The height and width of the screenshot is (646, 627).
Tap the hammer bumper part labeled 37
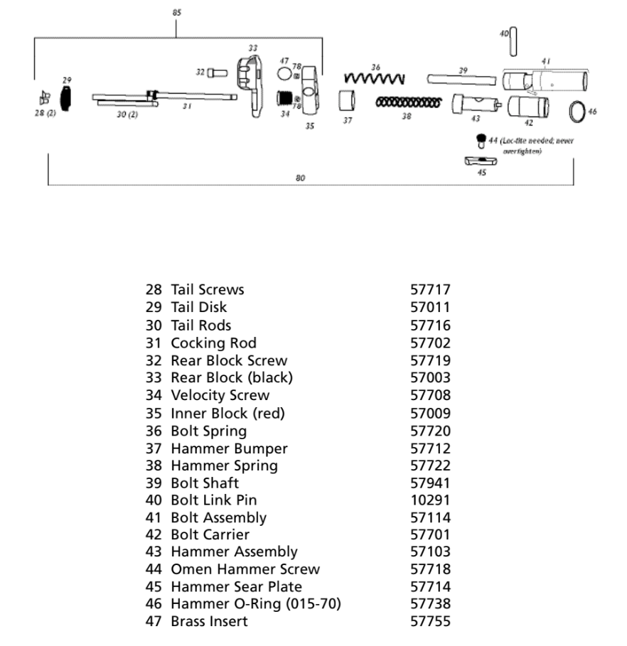click(347, 100)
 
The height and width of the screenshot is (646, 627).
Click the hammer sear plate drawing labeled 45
click(481, 161)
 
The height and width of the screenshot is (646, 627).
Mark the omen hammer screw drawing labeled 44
click(481, 139)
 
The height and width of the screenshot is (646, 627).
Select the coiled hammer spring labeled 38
click(407, 102)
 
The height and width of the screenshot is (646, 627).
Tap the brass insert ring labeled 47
click(284, 73)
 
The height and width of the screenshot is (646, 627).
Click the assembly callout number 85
click(177, 12)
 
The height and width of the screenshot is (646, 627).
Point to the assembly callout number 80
click(300, 178)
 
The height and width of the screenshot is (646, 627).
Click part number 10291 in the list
click(430, 500)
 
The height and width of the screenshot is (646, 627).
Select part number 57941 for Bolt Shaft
click(430, 483)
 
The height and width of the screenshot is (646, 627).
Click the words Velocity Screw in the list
click(220, 395)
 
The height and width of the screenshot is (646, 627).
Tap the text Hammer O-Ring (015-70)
click(256, 604)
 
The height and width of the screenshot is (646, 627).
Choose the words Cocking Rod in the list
click(213, 343)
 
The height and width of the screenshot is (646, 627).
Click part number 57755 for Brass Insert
click(430, 622)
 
